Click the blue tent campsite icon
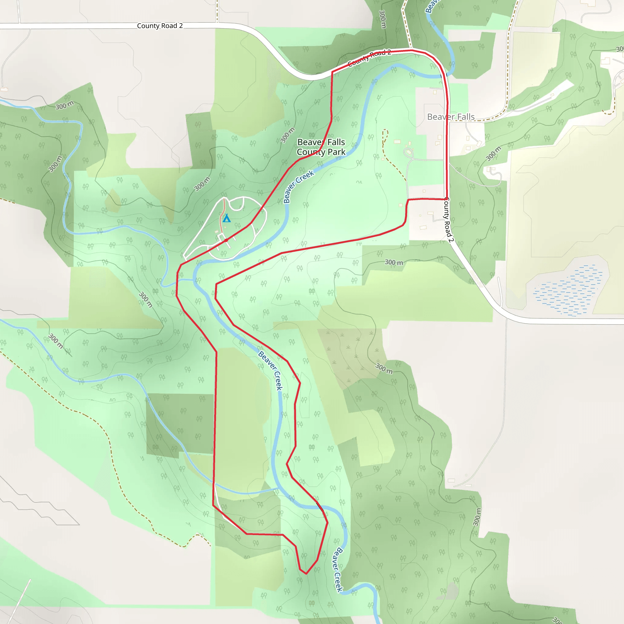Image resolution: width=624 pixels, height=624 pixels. coord(227,218)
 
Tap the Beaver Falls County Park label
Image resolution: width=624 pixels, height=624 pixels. coord(321,147)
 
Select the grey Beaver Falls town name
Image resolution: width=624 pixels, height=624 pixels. coord(451,117)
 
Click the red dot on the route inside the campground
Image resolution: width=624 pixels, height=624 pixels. coord(226,240)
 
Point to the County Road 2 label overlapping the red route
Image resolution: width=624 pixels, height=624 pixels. coord(369,58)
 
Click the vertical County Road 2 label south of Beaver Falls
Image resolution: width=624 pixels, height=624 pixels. coord(449,219)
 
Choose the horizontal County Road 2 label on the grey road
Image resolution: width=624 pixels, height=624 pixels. coord(160,26)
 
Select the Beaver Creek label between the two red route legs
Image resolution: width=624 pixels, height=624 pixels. coord(270,370)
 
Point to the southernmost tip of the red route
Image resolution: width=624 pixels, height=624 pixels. coord(306,574)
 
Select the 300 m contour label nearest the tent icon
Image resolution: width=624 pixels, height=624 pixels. coord(202,184)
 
